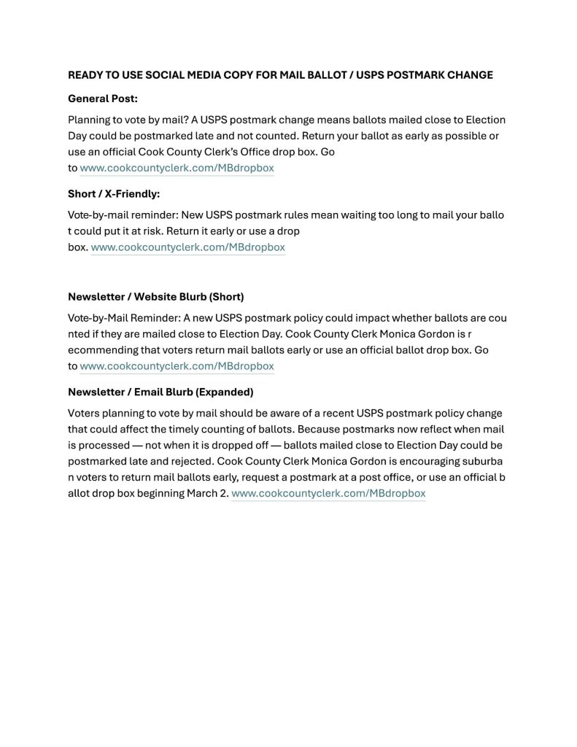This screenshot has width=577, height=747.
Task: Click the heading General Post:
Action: point(103,98)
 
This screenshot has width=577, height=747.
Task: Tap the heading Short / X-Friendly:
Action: point(114,194)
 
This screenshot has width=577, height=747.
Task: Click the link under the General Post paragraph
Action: point(177,169)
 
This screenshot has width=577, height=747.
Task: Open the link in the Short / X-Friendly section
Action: point(187,247)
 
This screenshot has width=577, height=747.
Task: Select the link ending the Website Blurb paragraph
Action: point(177,366)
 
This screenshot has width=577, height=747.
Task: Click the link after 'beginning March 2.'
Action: point(328,494)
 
